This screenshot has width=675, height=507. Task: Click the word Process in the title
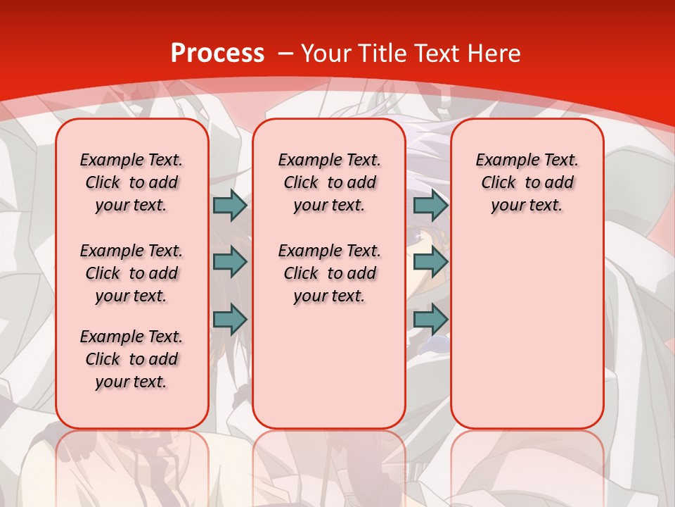tap(217, 54)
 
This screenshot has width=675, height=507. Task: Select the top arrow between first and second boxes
tap(230, 205)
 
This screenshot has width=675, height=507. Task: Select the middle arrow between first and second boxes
tap(230, 262)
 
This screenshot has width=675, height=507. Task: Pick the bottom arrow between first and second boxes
tap(230, 319)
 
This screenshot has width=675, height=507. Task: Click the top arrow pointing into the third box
tap(430, 205)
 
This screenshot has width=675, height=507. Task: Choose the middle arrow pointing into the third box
tap(430, 262)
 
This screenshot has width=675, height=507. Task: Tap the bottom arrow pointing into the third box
tap(430, 319)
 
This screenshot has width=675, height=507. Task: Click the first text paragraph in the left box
tap(131, 182)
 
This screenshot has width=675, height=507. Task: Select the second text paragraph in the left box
tap(131, 273)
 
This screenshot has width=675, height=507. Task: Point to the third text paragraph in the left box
tap(131, 359)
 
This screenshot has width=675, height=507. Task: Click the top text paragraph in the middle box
tap(330, 182)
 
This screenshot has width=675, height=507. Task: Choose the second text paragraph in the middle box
tap(330, 273)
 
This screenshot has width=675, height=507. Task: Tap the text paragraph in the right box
tap(527, 182)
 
